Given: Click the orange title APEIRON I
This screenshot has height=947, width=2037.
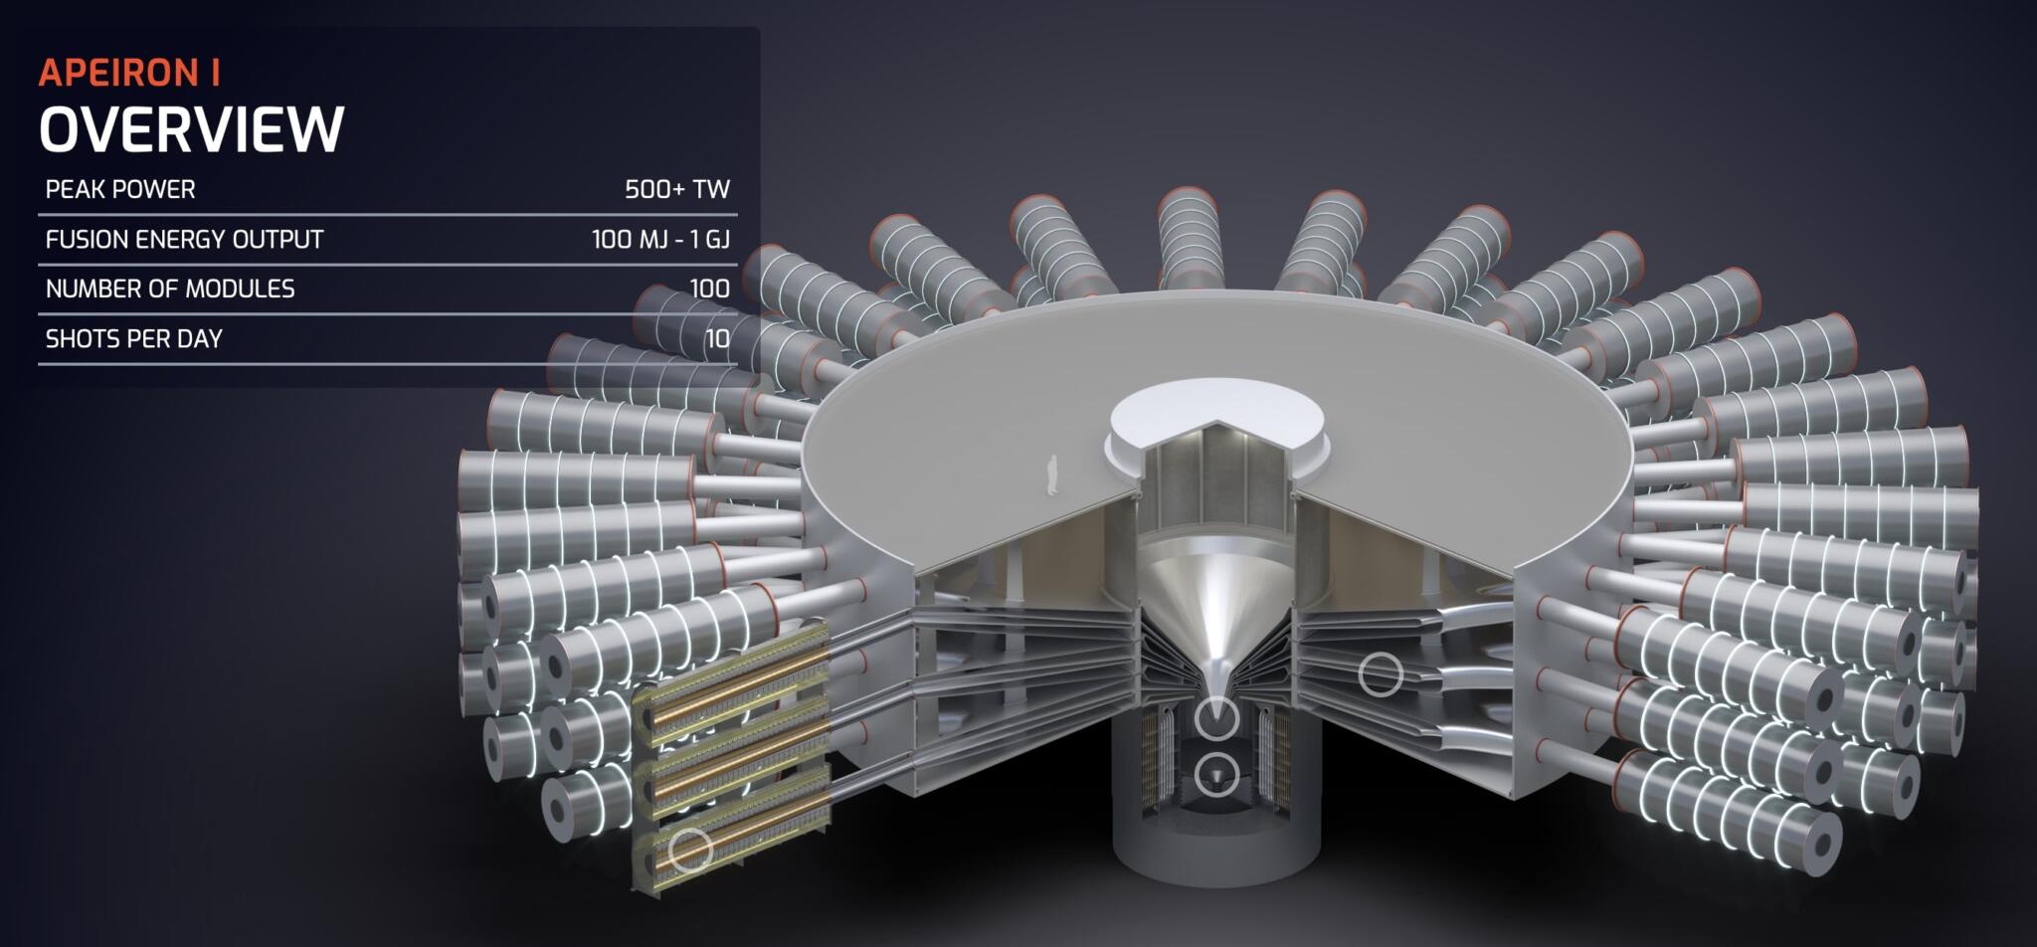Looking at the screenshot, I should pos(129,73).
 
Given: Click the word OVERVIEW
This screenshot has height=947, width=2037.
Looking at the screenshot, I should pos(191,129).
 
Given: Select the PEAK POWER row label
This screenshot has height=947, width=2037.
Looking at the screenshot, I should pos(120,189).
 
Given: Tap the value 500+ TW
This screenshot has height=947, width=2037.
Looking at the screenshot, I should pos(676,189).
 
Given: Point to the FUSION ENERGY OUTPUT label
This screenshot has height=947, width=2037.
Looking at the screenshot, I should pos(184,240).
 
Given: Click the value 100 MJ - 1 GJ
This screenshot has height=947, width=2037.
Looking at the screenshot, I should pos(660,240).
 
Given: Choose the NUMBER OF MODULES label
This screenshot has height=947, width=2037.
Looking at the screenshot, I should pos(170,289).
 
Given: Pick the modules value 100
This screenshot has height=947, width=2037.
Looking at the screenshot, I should pos(709,289).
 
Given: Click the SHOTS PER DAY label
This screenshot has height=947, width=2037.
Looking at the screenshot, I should pos(133,339).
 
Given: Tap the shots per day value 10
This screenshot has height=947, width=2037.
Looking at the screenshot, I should pos(717,339).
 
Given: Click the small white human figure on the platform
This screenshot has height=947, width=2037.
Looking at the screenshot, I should pos(1050,475).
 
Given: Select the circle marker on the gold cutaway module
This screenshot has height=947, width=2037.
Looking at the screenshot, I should pos(689,851).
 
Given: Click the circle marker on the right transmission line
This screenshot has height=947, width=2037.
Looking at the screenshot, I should pos(1381,674).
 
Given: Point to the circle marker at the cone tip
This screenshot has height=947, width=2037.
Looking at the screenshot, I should pos(1215,717).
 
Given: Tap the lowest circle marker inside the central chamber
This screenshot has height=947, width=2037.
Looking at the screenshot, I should pos(1215,775).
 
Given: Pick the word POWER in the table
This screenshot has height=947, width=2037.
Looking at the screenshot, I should pos(156,189).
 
